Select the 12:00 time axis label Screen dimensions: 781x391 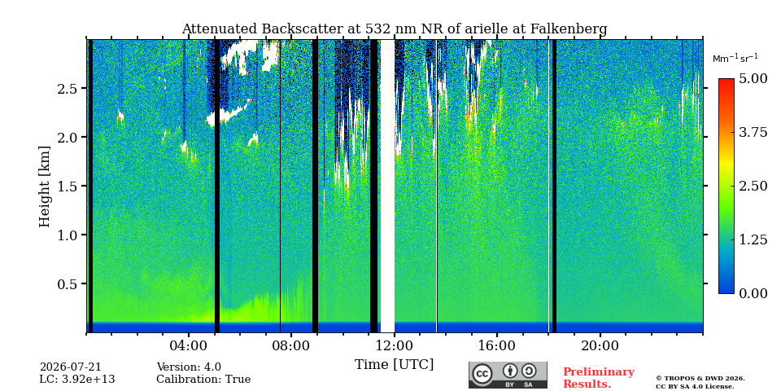pos(395,346)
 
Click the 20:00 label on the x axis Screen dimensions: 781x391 pos(600,346)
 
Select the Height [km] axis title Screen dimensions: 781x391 pos(45,187)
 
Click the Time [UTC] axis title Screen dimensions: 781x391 pos(394,365)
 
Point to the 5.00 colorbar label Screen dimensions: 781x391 pos(753,79)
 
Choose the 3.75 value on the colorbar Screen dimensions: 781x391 pos(753,132)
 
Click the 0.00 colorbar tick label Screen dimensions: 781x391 pos(753,293)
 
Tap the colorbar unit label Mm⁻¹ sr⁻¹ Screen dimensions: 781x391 pos(735,59)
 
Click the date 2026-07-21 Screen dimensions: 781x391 pos(70,367)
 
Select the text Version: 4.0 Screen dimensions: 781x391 pos(189,367)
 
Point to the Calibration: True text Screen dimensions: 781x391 pos(203,380)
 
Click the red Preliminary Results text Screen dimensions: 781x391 pos(599,378)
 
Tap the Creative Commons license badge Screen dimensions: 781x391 pos(508,375)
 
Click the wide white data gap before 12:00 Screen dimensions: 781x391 pos(387,186)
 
